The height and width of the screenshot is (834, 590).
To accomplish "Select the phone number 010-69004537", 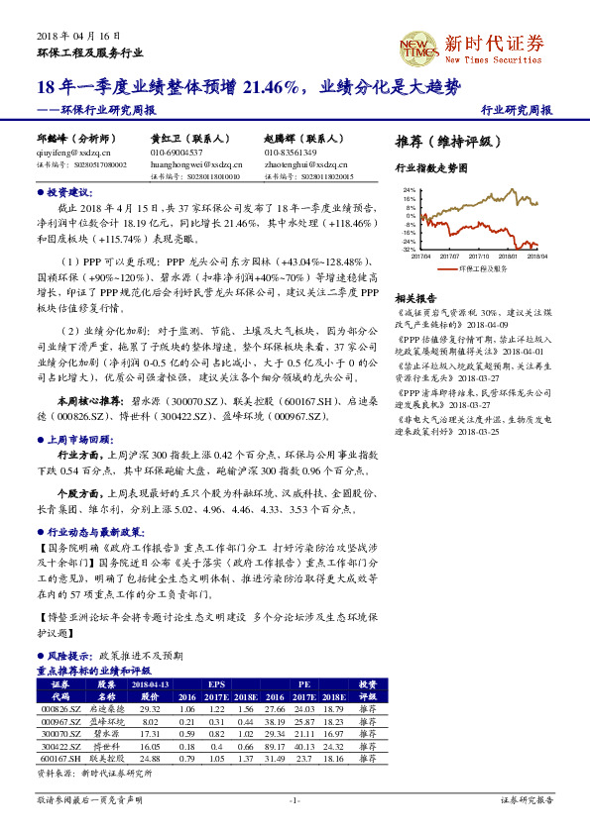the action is click(x=177, y=153).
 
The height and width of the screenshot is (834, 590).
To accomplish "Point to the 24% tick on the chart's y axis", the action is click(x=409, y=189).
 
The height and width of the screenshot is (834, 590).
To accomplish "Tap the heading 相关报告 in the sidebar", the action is click(x=415, y=298).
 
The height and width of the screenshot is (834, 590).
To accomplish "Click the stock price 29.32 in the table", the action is click(x=151, y=709).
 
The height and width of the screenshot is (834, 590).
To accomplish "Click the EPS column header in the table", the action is click(x=215, y=683).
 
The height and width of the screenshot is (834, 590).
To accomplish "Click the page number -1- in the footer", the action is click(x=294, y=798).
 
